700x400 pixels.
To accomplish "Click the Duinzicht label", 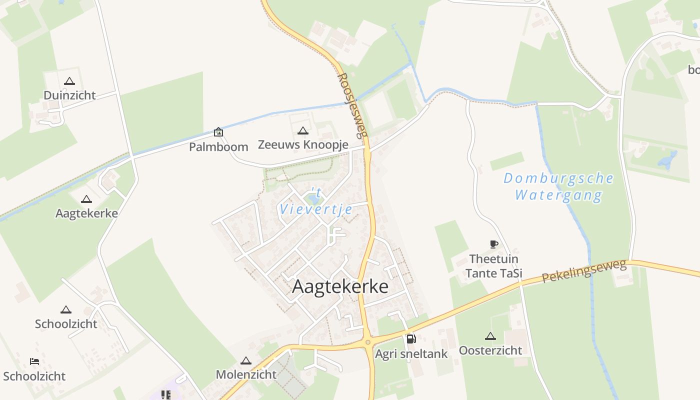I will pos(69,95).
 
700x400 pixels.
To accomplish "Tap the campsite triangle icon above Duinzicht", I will pos(69,81).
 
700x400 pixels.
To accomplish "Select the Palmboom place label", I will pos(218,147).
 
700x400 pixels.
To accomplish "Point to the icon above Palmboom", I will pos(218,132).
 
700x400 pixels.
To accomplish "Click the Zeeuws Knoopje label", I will pos(303,144).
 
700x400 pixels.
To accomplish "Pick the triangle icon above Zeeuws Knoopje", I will pos(302,131).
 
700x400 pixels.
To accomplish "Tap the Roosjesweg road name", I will pos(352,105).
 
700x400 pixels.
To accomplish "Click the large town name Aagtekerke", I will pos(340,286).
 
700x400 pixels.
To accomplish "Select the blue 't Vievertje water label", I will pos(316,202).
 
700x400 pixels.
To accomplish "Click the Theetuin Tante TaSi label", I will pos(494,266).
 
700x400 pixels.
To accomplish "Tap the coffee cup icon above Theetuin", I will pos(494,244).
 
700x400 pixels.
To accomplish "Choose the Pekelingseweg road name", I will pos(584,271).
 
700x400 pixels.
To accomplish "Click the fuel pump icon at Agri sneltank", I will pos(411,339).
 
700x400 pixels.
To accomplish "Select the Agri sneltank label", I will pos(411,354).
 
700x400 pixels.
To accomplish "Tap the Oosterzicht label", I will pos(490,350).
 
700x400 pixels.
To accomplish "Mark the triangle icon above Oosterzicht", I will pos(490,336).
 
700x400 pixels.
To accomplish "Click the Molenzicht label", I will pos(246,374).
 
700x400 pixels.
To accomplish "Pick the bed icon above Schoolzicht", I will pos(34,361).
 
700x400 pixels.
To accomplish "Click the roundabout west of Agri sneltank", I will pos(368,342).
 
